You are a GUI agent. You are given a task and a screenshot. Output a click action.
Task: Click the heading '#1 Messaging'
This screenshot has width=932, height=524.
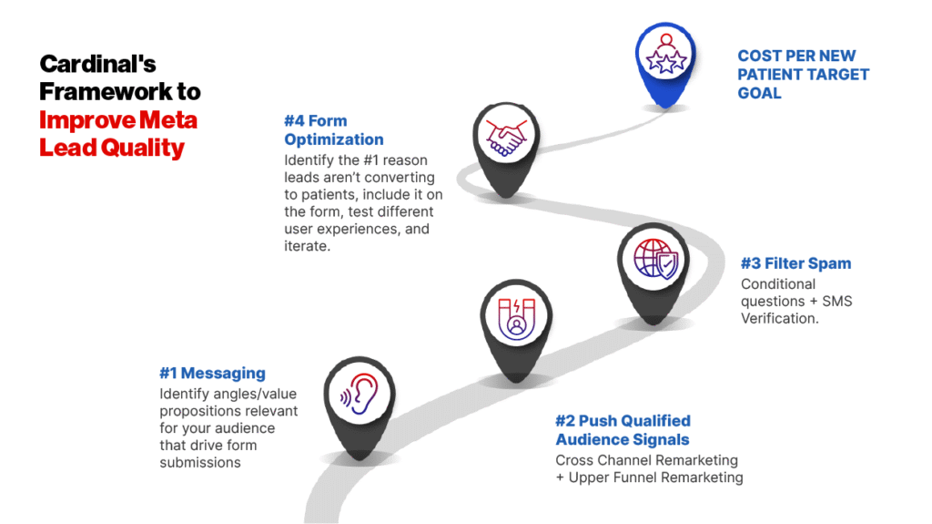click(212, 373)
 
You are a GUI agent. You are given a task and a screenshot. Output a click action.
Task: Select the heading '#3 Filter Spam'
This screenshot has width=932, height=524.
click(795, 263)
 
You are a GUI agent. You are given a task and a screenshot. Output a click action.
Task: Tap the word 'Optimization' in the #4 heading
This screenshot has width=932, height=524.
click(333, 139)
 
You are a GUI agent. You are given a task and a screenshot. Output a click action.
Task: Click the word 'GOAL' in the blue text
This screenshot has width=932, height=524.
click(760, 93)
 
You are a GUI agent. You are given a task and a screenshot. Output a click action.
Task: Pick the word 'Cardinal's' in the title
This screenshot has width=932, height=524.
click(97, 65)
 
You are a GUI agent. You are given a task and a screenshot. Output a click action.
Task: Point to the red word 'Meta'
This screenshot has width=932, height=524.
click(171, 119)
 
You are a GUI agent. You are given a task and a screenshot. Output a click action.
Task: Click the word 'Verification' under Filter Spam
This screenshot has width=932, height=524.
click(779, 318)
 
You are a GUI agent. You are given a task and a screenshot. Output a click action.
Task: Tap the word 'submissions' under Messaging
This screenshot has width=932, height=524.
click(199, 462)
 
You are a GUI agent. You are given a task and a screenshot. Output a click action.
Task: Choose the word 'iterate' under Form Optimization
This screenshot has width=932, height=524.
click(307, 246)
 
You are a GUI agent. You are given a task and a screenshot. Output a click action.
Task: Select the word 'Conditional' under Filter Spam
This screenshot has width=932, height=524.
click(778, 283)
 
